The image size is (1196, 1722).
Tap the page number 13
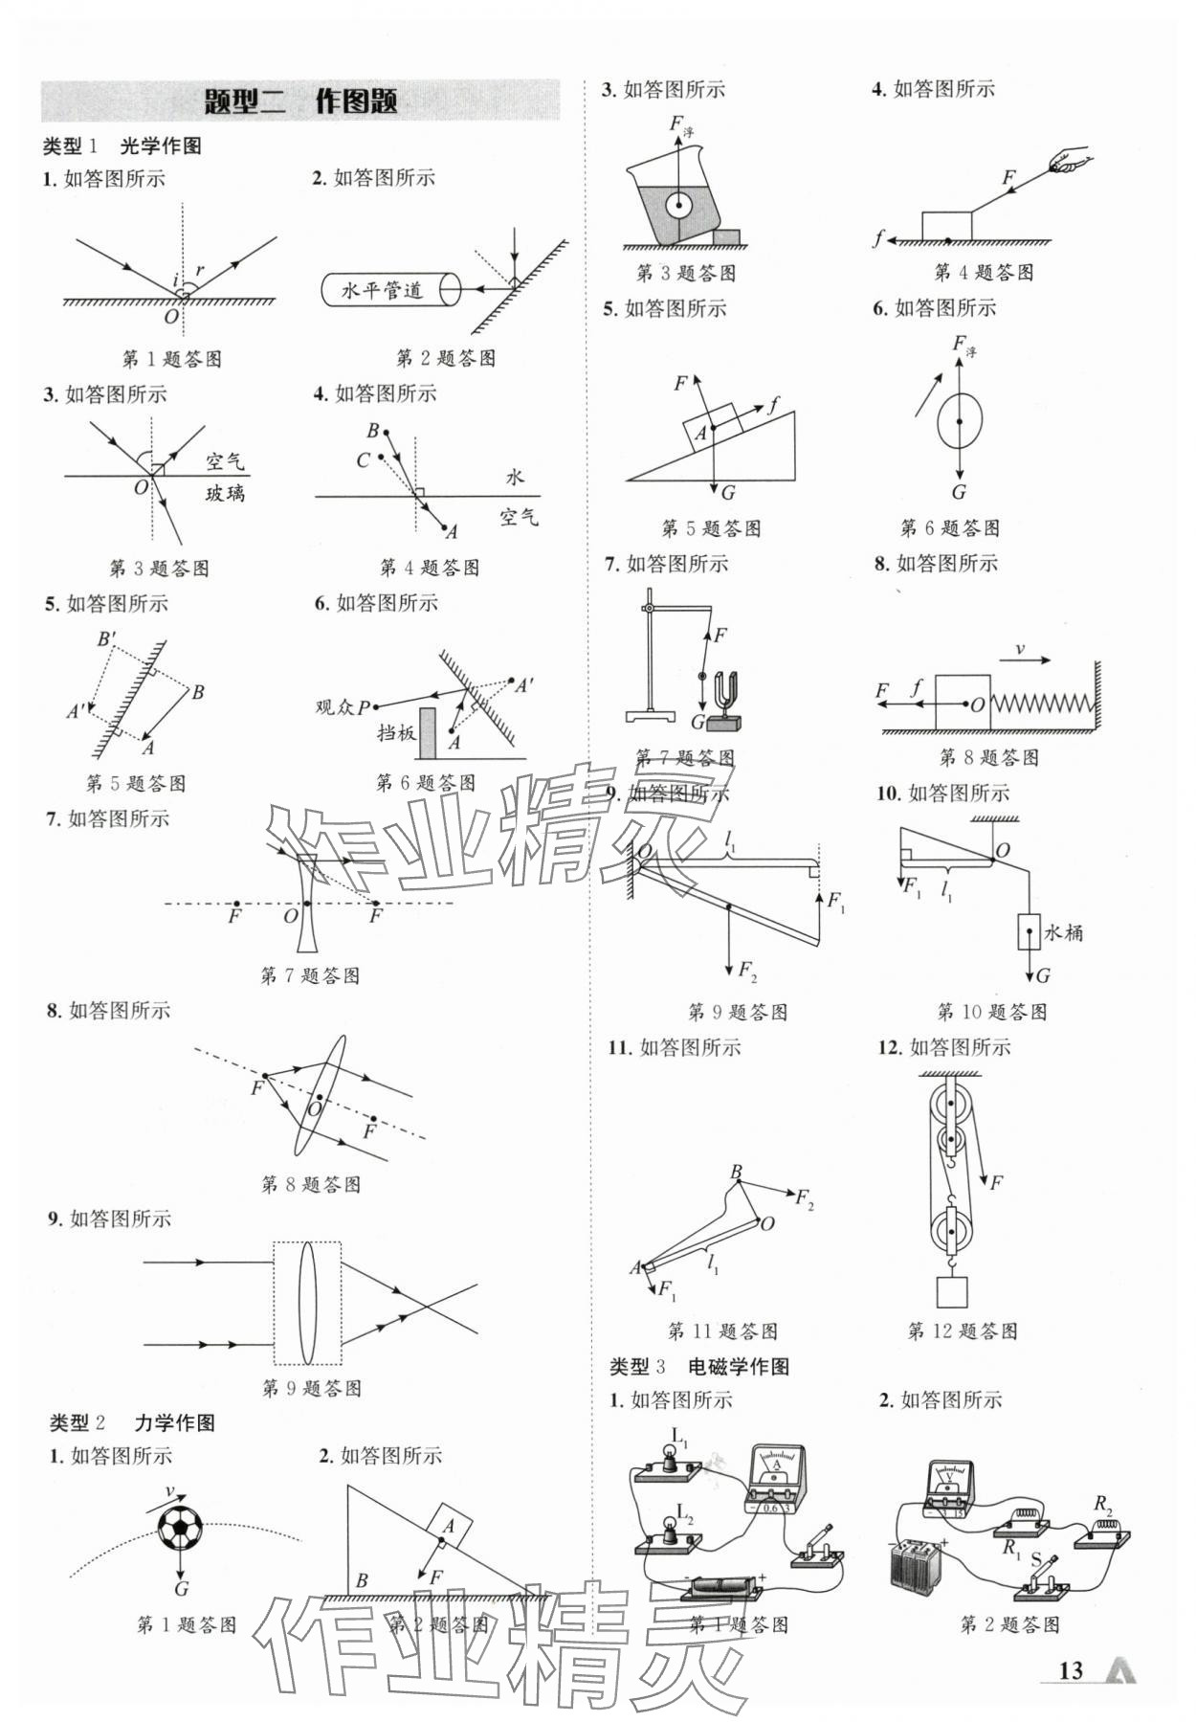click(1071, 1671)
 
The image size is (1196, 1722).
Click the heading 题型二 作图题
click(300, 101)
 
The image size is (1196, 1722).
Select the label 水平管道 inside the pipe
click(383, 290)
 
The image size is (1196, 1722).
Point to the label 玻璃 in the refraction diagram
click(225, 494)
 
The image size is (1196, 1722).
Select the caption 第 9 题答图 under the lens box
click(312, 1388)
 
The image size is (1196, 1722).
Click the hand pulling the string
click(1069, 160)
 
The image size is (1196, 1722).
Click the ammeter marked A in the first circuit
click(776, 1478)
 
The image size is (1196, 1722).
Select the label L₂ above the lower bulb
click(685, 1513)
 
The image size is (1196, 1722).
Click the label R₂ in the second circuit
click(1104, 1503)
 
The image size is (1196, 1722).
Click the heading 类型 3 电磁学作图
click(699, 1366)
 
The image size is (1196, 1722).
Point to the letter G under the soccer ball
click(181, 1589)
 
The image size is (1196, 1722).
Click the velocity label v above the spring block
click(1020, 650)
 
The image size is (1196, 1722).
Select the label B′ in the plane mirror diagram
click(107, 639)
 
